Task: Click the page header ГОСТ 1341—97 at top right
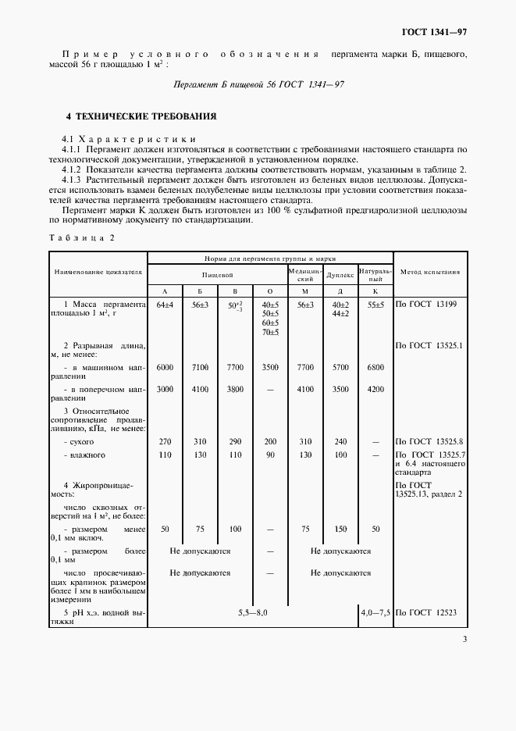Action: pyautogui.click(x=433, y=32)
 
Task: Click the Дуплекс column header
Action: pyautogui.click(x=340, y=275)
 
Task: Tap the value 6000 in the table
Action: pyautogui.click(x=164, y=366)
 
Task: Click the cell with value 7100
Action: pyautogui.click(x=200, y=366)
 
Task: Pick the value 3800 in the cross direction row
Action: pyautogui.click(x=235, y=389)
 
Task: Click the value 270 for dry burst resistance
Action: pyautogui.click(x=164, y=442)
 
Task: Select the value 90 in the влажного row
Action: pyautogui.click(x=270, y=455)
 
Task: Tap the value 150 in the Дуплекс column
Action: pyautogui.click(x=340, y=529)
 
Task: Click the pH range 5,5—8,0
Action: pyautogui.click(x=253, y=613)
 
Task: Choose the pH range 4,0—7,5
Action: pyautogui.click(x=375, y=613)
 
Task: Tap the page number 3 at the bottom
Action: pyautogui.click(x=464, y=640)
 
